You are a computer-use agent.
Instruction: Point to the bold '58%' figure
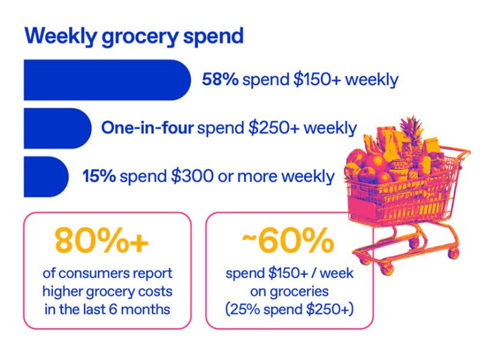[x=220, y=80]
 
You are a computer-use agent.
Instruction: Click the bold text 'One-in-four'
[x=147, y=128]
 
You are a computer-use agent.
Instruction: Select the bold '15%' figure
[x=100, y=176]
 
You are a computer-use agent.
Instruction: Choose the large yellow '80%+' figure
[x=101, y=241]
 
